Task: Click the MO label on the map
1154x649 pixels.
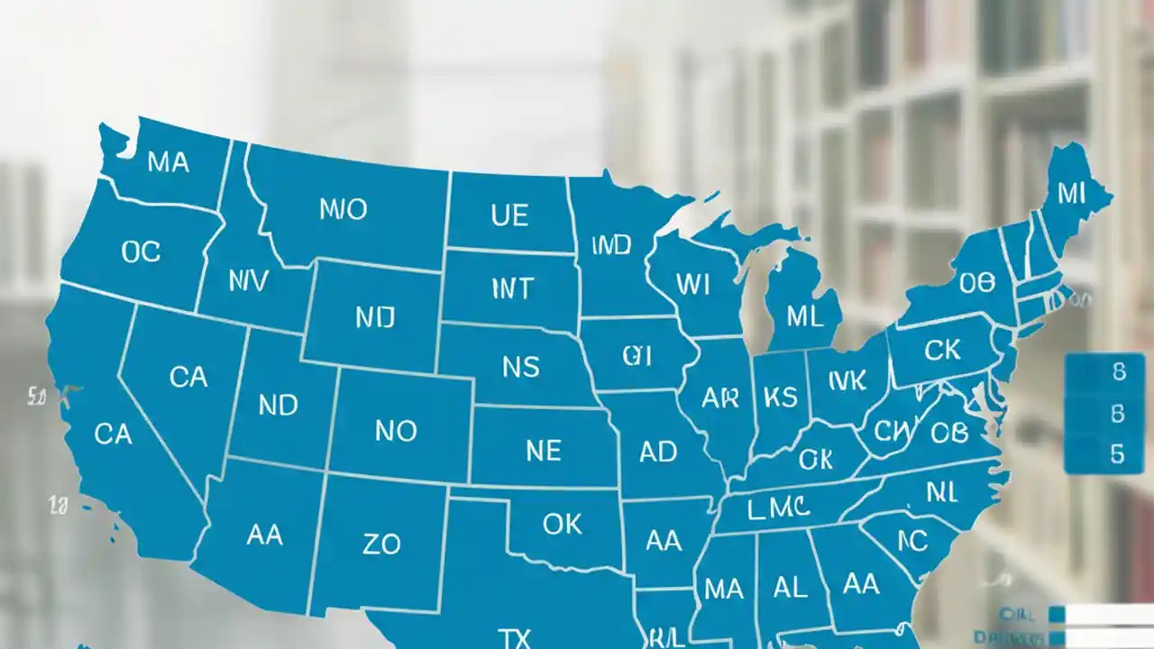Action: [343, 210]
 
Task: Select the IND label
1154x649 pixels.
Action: [611, 245]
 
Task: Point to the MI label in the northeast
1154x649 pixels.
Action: [1071, 192]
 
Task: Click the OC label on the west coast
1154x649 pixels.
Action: [141, 251]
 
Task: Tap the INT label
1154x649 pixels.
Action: [512, 289]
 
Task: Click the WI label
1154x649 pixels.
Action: [692, 285]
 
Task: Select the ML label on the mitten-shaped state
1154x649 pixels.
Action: [804, 316]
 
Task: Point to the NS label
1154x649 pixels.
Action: [520, 367]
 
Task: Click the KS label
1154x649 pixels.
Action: [780, 398]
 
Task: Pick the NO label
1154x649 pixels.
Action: [396, 431]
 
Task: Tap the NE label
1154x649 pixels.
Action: [543, 450]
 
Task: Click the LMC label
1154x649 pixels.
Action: [777, 508]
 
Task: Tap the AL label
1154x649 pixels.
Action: [790, 587]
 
